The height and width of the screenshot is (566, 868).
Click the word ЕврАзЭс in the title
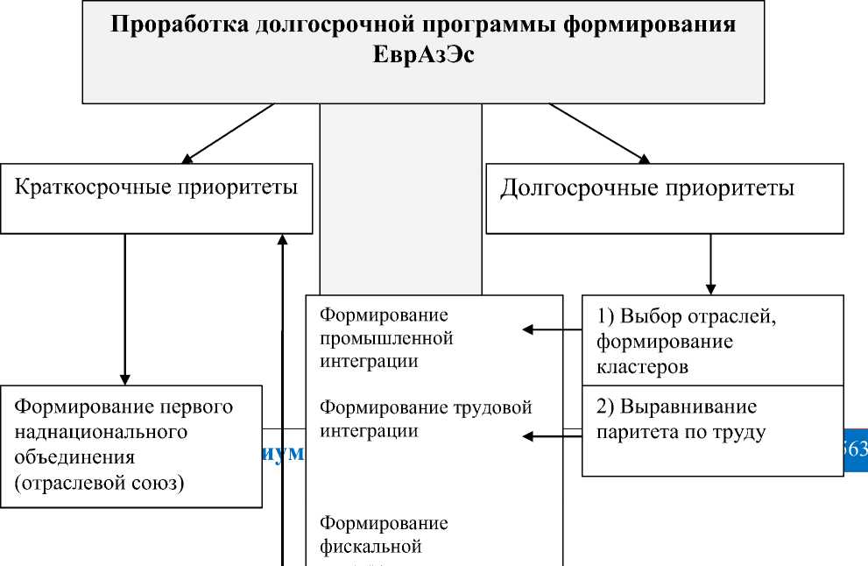[423, 54]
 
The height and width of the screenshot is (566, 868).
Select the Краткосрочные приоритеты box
[156, 198]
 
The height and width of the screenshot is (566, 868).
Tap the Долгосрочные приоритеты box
[664, 198]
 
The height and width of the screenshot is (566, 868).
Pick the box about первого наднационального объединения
[131, 445]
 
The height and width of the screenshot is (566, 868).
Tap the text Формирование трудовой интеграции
[425, 419]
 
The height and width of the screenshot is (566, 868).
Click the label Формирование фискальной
[384, 534]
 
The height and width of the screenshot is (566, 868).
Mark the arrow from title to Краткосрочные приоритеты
[228, 133]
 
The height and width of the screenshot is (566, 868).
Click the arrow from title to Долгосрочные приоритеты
[600, 133]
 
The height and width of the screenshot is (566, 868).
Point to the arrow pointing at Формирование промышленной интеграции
[552, 329]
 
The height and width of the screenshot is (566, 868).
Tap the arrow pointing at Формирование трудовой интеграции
[552, 434]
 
